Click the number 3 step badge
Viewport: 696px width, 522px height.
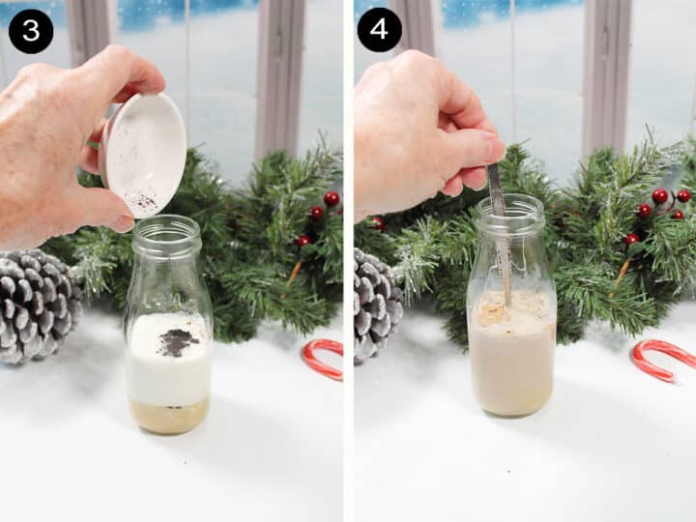(31, 31)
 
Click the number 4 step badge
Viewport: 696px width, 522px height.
(379, 30)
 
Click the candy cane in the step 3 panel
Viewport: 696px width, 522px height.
(323, 358)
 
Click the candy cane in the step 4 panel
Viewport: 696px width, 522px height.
(662, 358)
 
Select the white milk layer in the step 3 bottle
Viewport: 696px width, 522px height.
(169, 372)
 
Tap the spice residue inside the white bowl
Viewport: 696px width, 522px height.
(142, 200)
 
